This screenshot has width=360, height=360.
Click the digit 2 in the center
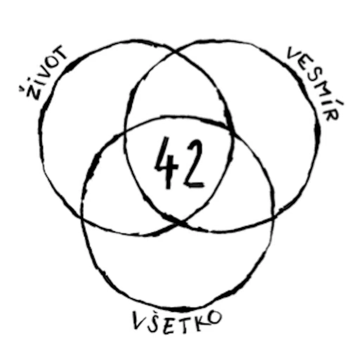(193, 163)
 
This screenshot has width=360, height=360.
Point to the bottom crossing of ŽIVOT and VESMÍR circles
(181, 222)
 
